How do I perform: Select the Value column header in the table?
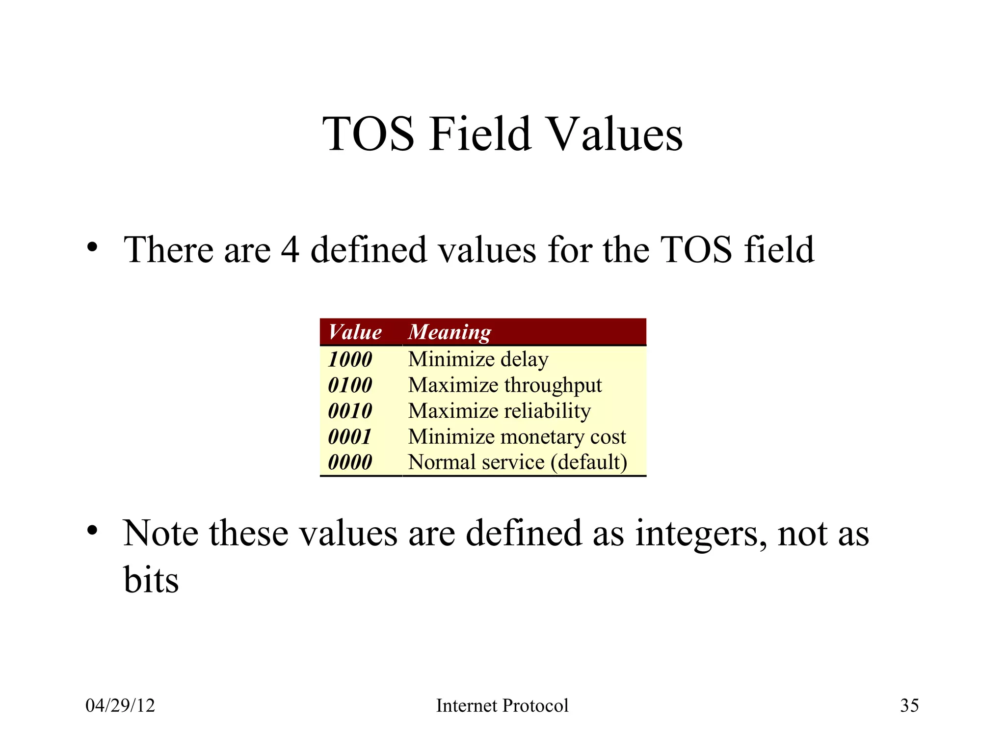coord(355,332)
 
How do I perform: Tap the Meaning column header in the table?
coord(449,332)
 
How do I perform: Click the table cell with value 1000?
coord(350,359)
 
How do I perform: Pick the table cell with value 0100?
coord(350,385)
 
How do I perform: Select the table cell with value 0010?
coord(350,411)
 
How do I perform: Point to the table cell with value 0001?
coord(349,437)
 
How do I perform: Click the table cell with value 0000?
coord(350,462)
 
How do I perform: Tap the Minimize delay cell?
coord(478,359)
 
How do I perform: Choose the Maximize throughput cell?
coord(504,385)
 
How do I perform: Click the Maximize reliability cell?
coord(499,411)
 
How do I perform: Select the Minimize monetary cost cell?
coord(517,437)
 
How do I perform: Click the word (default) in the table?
coord(589,462)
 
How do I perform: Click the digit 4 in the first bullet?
coord(290,249)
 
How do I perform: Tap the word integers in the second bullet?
coord(701,534)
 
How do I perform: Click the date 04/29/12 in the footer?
coord(120,705)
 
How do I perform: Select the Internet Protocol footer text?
coord(502,705)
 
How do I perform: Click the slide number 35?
coord(909,705)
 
